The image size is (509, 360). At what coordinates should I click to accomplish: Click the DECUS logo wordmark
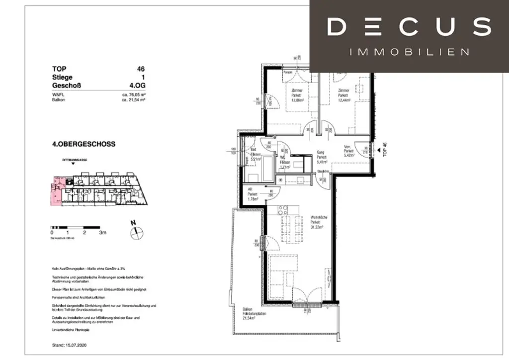coord(409,26)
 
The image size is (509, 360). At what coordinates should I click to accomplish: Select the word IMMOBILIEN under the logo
coord(410,52)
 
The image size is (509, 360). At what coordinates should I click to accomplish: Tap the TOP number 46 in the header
coord(141,69)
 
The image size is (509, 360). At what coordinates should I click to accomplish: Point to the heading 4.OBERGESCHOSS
coord(84,144)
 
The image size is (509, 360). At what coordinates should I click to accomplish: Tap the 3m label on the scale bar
coord(103,232)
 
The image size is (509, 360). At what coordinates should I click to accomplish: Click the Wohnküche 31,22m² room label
coord(317,222)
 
